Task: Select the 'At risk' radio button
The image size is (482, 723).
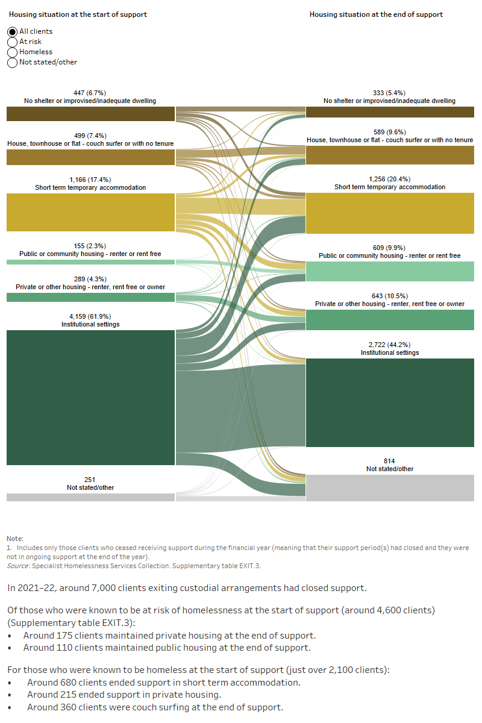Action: pyautogui.click(x=13, y=42)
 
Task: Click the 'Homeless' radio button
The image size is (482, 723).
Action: pyautogui.click(x=13, y=52)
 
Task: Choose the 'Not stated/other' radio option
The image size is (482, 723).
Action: pyautogui.click(x=13, y=62)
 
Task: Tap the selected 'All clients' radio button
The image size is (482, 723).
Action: pyautogui.click(x=13, y=31)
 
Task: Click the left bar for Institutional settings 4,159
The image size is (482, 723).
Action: pyautogui.click(x=90, y=398)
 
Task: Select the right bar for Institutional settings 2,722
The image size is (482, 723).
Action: pyautogui.click(x=390, y=402)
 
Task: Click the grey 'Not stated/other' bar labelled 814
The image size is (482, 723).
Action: pyautogui.click(x=390, y=487)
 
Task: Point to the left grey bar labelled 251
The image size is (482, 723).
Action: pyautogui.click(x=90, y=497)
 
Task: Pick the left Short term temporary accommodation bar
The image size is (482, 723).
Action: pyautogui.click(x=90, y=212)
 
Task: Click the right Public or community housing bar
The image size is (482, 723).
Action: pyautogui.click(x=390, y=271)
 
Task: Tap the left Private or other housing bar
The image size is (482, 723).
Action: pyautogui.click(x=90, y=297)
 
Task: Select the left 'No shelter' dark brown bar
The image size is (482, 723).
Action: pyautogui.click(x=90, y=114)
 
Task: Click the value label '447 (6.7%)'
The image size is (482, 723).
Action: pyautogui.click(x=90, y=93)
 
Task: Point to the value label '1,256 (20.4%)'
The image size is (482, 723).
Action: pyautogui.click(x=390, y=179)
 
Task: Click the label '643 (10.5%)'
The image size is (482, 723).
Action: pyautogui.click(x=390, y=296)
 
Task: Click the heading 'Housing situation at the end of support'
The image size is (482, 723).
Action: pyautogui.click(x=376, y=14)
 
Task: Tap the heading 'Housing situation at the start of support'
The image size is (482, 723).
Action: pyautogui.click(x=78, y=14)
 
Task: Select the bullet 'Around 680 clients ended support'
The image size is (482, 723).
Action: pyautogui.click(x=163, y=682)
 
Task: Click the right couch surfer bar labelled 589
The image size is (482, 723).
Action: pyautogui.click(x=390, y=155)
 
